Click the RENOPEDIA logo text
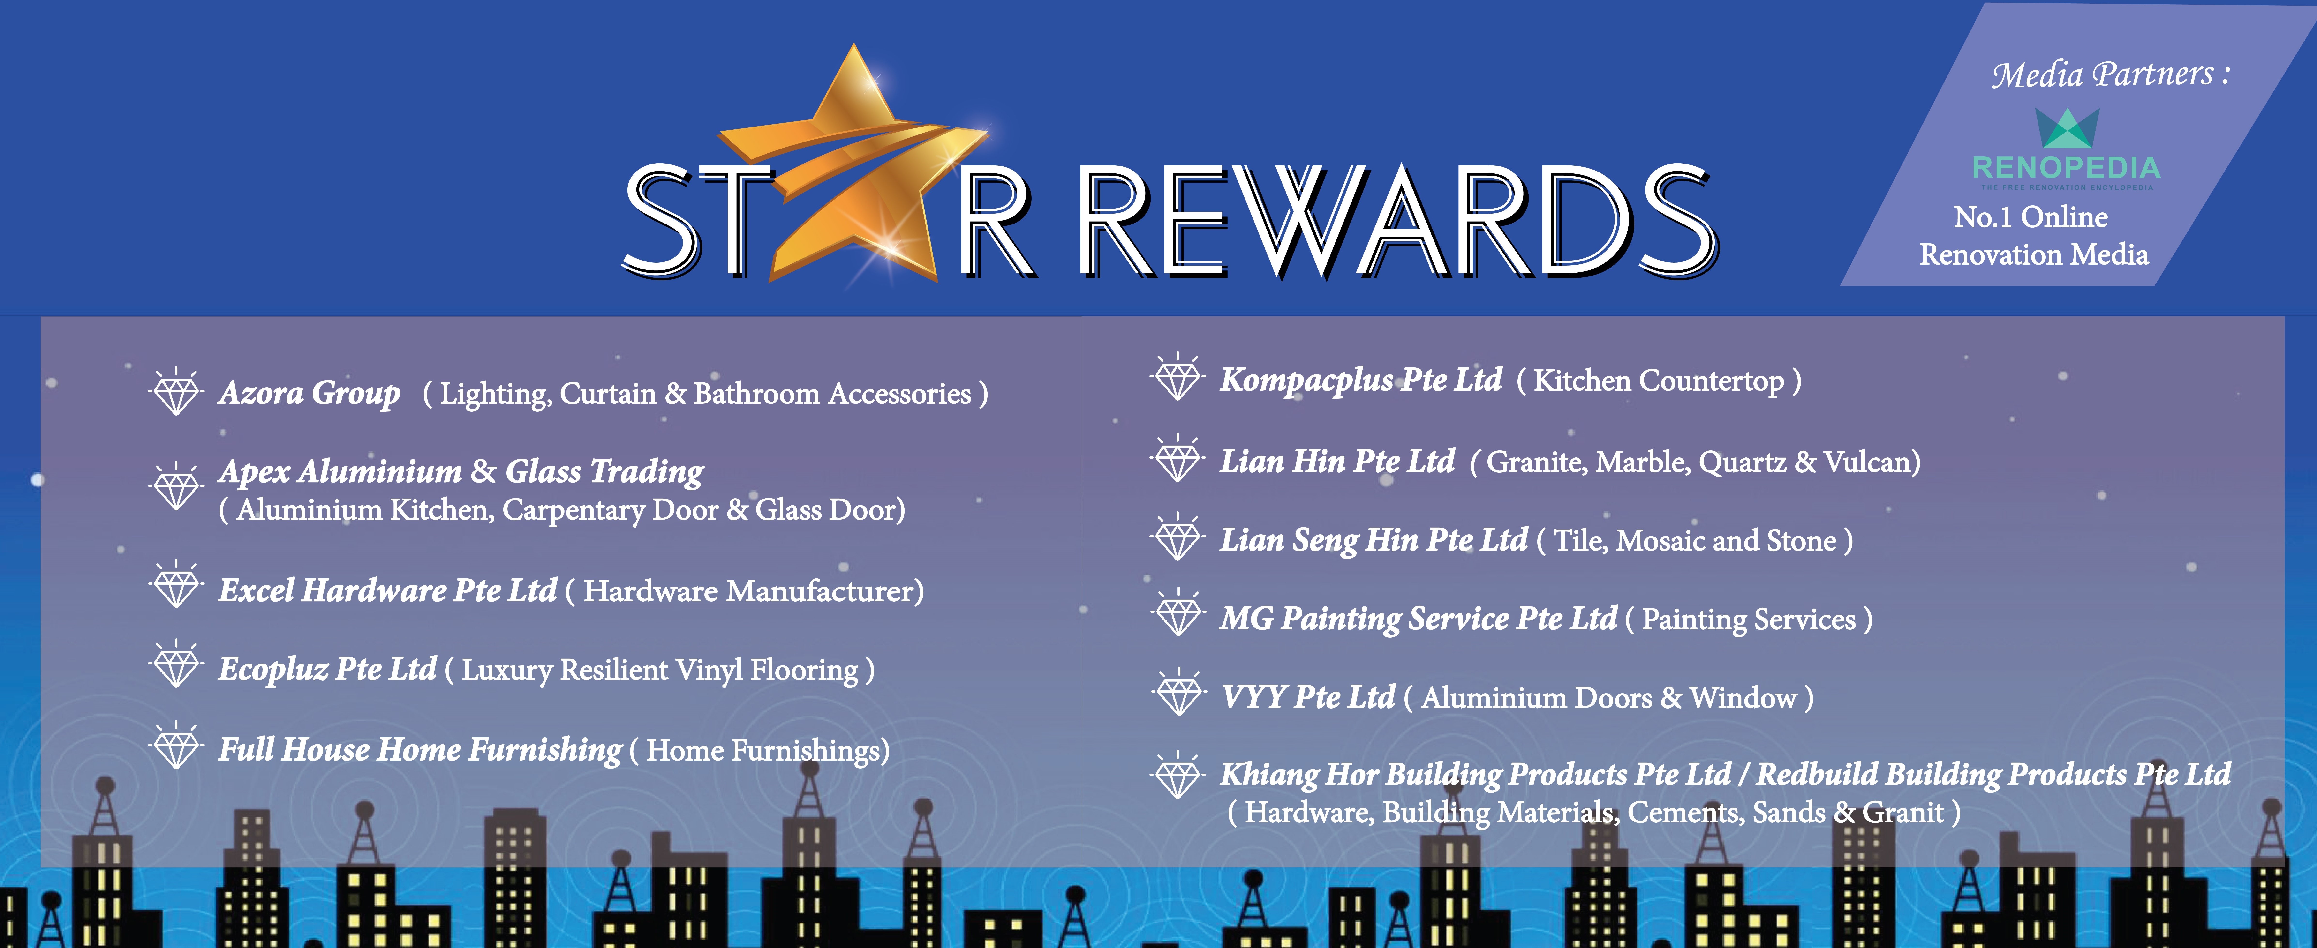tap(2066, 167)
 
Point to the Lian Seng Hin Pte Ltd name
tap(1374, 540)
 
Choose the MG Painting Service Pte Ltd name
tap(1419, 619)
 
